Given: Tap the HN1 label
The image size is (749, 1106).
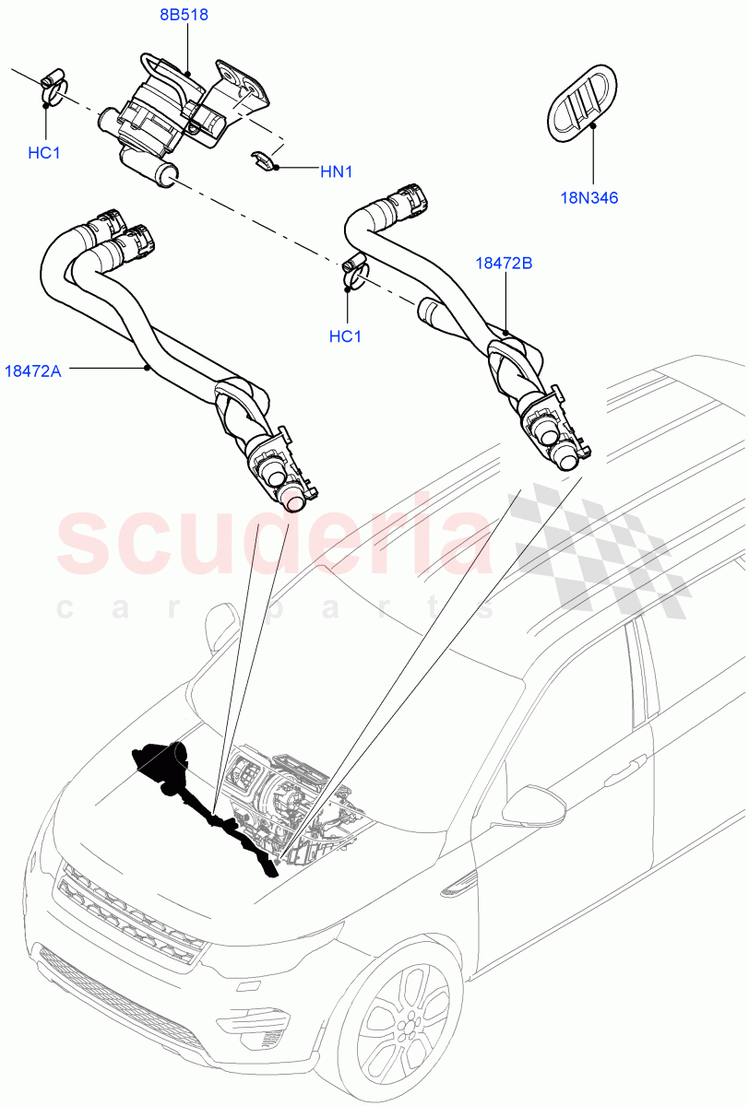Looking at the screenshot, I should pyautogui.click(x=337, y=171).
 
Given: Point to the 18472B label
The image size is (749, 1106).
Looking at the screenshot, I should pyautogui.click(x=504, y=263).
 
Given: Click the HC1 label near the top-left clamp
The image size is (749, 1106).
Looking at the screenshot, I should pyautogui.click(x=43, y=153).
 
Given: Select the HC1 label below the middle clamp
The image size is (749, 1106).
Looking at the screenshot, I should pyautogui.click(x=345, y=336).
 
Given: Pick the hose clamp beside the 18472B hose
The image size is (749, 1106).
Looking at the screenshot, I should pyautogui.click(x=354, y=270).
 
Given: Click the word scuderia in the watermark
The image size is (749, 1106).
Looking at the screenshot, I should pyautogui.click(x=277, y=544).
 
